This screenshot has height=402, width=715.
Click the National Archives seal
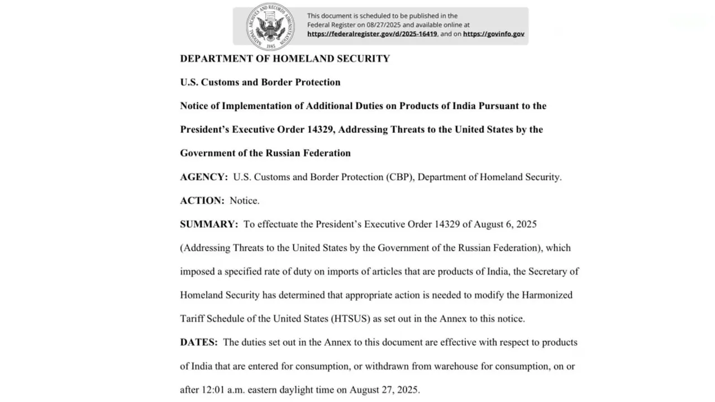270,26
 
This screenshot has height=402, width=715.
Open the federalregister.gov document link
372,34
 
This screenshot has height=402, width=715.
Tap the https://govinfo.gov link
494,34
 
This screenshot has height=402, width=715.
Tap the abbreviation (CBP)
400,177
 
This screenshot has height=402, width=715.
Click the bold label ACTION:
202,200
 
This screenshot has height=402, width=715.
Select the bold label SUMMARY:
209,224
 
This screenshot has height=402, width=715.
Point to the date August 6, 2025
505,224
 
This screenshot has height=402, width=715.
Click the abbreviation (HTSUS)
350,319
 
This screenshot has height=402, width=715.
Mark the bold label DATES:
199,342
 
